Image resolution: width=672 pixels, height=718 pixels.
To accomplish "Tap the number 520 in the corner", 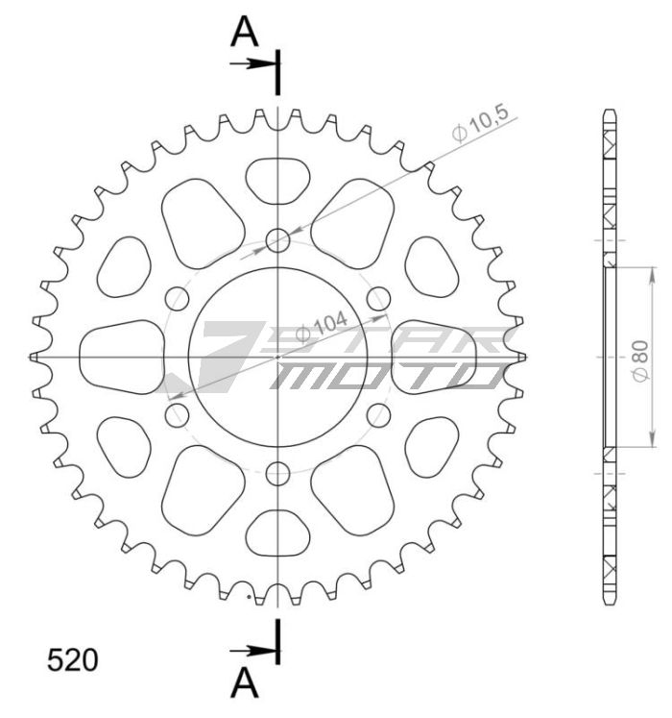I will pos(72,660).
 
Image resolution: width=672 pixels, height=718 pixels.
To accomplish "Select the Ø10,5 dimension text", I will pos(481,125).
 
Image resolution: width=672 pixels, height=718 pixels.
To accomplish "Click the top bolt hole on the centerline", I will pos(277,240).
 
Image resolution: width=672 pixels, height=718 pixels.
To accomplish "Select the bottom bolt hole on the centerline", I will pos(277,473).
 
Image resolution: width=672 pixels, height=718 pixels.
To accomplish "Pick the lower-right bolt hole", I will pos(378,415).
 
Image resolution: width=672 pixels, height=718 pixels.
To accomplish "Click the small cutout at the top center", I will pos(277,181).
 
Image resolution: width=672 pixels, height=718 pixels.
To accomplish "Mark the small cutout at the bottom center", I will pos(277,532).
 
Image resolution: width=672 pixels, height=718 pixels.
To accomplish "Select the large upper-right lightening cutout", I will pos(353,216).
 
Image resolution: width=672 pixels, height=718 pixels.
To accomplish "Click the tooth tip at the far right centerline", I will pos(523,357).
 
